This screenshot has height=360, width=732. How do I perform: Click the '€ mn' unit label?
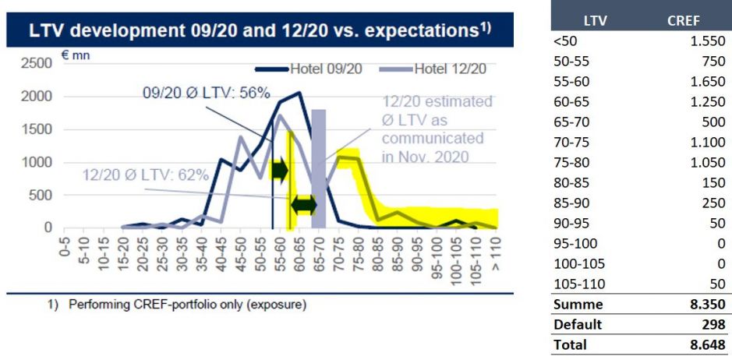(72, 58)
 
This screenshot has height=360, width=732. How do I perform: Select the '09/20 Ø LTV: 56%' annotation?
(206, 93)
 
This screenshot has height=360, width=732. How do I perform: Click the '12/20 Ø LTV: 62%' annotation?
(146, 175)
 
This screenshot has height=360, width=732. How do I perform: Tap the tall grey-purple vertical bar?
(318, 168)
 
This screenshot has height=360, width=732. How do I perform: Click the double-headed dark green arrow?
(303, 205)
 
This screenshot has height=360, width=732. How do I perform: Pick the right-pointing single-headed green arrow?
(279, 168)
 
